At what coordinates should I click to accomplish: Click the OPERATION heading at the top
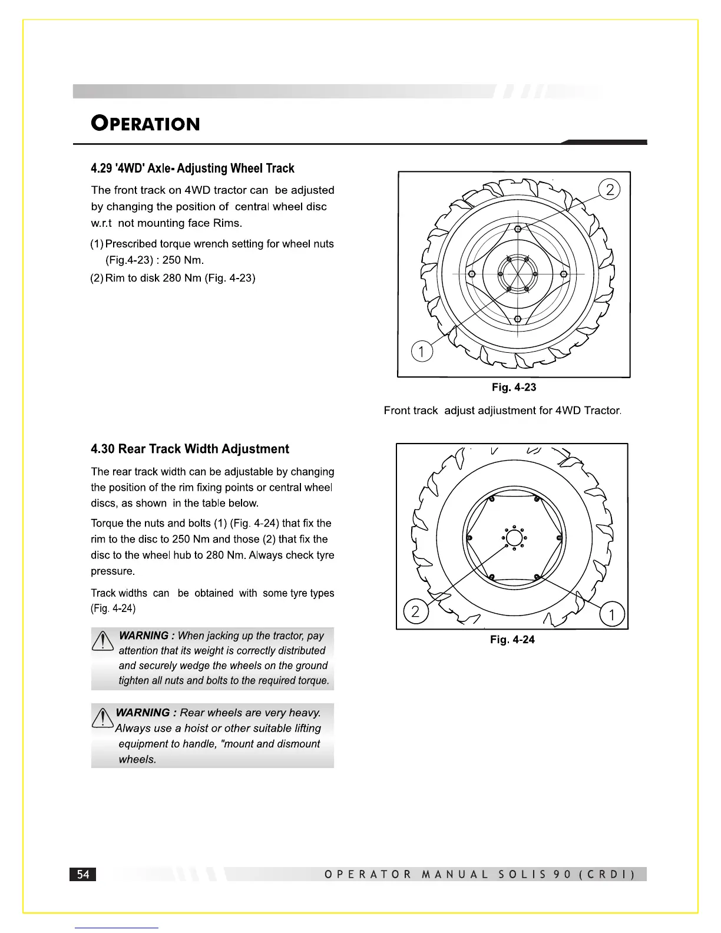pyautogui.click(x=145, y=124)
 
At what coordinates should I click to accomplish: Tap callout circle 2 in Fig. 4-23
pyautogui.click(x=610, y=190)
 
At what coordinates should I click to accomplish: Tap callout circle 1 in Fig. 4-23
pyautogui.click(x=421, y=352)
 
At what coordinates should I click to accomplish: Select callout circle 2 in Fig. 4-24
pyautogui.click(x=415, y=611)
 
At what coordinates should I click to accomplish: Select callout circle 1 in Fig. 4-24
pyautogui.click(x=612, y=615)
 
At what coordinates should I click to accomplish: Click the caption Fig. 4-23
pyautogui.click(x=514, y=388)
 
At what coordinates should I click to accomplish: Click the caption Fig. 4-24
pyautogui.click(x=512, y=640)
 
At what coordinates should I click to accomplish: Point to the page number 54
pyautogui.click(x=83, y=874)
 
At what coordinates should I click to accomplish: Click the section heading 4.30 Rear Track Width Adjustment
pyautogui.click(x=190, y=449)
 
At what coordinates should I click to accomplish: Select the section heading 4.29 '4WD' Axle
pyautogui.click(x=192, y=168)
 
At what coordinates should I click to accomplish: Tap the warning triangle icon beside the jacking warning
pyautogui.click(x=102, y=640)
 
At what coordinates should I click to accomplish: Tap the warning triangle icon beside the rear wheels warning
pyautogui.click(x=103, y=717)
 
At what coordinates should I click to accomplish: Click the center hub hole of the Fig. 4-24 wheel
pyautogui.click(x=514, y=538)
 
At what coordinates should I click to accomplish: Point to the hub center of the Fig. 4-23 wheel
pyautogui.click(x=518, y=274)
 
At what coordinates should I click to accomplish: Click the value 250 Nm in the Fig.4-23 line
pyautogui.click(x=183, y=260)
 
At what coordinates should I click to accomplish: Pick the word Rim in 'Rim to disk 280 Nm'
pyautogui.click(x=115, y=278)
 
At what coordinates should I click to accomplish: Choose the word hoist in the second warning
pyautogui.click(x=198, y=729)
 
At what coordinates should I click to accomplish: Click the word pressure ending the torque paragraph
pyautogui.click(x=113, y=571)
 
